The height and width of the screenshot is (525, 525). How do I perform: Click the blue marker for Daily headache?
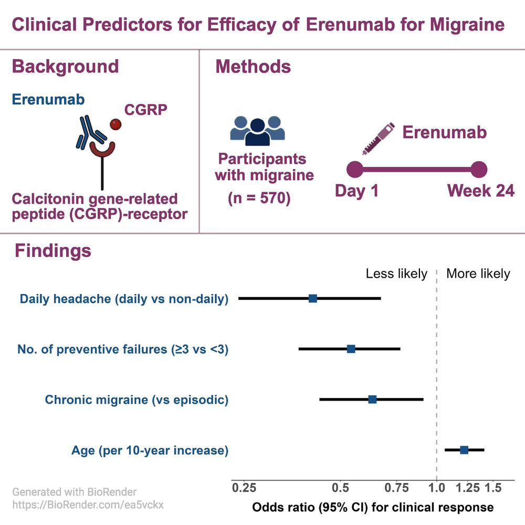[313, 298]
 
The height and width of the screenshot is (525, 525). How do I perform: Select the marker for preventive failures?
[351, 349]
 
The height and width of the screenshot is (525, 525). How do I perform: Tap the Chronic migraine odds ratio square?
[372, 399]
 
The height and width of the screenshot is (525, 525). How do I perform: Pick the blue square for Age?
[464, 450]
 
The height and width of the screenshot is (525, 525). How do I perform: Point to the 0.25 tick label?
[244, 488]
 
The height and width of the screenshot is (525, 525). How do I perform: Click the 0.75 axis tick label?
[396, 488]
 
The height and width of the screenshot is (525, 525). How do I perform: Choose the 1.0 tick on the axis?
[437, 488]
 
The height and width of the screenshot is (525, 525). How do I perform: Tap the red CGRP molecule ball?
[115, 124]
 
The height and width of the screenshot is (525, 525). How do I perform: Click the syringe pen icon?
[379, 139]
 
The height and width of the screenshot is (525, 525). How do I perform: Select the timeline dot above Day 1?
[354, 169]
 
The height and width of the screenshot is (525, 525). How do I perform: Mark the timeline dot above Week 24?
[479, 169]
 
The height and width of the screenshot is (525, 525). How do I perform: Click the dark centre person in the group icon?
[257, 133]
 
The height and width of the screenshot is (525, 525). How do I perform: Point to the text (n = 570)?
[259, 198]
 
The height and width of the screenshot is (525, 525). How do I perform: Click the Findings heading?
[53, 250]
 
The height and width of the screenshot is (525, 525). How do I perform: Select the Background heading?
[65, 66]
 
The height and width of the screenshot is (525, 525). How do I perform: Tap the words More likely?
[478, 274]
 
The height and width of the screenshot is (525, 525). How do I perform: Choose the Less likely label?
[396, 274]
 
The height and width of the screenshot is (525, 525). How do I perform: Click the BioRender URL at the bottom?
[88, 505]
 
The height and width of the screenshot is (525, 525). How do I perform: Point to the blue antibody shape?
[90, 133]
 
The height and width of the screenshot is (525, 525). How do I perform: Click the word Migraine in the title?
[467, 25]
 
